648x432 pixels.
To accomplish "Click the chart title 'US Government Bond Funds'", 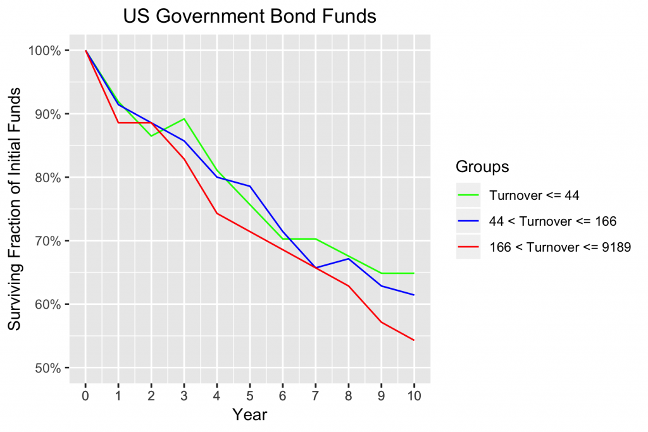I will tap(249, 16).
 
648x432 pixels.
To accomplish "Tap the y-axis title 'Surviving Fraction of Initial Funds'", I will tap(15, 209).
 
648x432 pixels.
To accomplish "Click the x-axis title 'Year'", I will tap(249, 415).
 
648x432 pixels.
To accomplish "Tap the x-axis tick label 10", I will tap(414, 395).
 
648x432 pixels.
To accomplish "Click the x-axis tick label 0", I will tap(85, 395).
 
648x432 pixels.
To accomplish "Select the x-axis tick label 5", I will tap(250, 395).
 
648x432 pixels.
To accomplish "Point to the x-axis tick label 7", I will tap(315, 395).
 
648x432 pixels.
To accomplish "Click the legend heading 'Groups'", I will tap(483, 168).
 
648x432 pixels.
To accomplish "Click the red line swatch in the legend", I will tap(468, 247).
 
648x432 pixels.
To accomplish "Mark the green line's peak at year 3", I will tap(184, 119).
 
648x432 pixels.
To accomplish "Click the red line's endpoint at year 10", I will tap(414, 340).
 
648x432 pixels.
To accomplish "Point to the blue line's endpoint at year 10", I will tap(414, 295).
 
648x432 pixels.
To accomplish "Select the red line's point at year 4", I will tap(217, 213).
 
